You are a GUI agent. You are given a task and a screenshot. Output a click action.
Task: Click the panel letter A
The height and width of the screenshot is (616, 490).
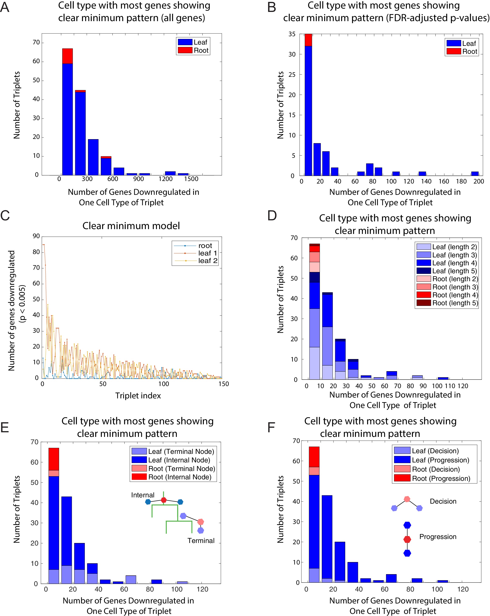tap(5, 7)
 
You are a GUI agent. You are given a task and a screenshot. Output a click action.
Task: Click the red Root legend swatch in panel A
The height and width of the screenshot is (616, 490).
tap(185, 50)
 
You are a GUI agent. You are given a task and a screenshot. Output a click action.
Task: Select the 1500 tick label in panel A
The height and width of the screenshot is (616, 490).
tap(191, 179)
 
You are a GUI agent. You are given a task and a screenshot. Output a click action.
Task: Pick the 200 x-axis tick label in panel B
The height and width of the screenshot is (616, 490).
tap(478, 181)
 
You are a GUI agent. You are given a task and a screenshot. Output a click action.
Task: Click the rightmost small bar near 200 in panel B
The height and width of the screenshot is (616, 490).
tap(475, 173)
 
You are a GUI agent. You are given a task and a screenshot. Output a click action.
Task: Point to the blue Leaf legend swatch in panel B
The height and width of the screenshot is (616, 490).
tap(454, 43)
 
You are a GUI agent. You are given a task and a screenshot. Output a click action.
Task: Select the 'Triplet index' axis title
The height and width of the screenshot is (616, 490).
tap(138, 396)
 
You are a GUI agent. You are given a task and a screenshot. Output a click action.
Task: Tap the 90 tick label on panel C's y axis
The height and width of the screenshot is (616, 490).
tap(36, 236)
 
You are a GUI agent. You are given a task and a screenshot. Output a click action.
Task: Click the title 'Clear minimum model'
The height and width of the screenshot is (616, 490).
tap(131, 226)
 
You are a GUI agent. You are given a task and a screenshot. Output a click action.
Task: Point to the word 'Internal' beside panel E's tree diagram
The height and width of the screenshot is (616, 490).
tap(143, 495)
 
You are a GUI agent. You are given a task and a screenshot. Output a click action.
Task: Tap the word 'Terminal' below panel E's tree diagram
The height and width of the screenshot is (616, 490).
tap(201, 541)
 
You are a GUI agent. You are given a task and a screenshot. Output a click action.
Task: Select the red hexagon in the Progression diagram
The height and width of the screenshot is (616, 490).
tap(407, 539)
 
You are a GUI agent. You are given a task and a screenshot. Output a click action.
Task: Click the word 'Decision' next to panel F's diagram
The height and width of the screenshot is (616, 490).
tap(443, 501)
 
